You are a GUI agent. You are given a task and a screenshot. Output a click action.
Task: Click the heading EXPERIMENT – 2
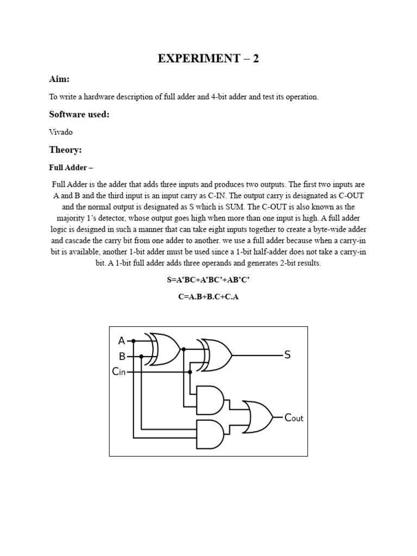208,59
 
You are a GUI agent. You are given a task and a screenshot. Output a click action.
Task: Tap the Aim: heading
59,79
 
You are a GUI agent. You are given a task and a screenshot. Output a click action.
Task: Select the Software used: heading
79,114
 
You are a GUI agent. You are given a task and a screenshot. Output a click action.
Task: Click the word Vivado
61,132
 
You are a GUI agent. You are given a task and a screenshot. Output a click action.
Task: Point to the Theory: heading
65,149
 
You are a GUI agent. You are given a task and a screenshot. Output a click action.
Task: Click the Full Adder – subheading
72,167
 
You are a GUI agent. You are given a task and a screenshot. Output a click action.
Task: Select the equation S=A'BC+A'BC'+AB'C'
208,281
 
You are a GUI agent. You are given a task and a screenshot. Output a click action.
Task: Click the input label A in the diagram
122,341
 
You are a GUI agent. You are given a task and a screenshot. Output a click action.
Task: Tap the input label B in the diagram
122,357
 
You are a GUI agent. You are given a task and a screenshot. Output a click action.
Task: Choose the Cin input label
119,372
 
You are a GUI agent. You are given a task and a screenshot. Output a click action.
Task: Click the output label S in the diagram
287,355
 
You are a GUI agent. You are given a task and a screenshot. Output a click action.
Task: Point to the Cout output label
294,418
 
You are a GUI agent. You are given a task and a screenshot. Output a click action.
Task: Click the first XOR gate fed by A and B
165,349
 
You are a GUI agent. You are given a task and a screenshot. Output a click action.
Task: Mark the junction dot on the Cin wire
189,372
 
